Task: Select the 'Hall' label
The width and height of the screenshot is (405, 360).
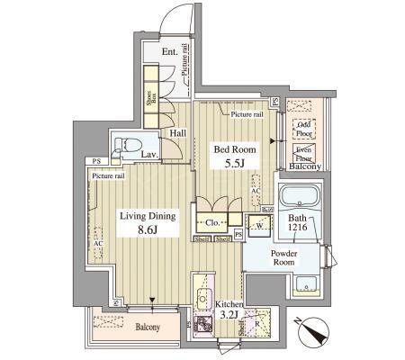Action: (x=178, y=133)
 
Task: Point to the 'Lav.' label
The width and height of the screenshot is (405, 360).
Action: (x=150, y=155)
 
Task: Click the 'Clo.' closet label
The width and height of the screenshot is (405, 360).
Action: (x=213, y=221)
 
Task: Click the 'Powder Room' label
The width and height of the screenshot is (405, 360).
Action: (x=290, y=259)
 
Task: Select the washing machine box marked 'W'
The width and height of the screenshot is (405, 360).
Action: (x=259, y=225)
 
